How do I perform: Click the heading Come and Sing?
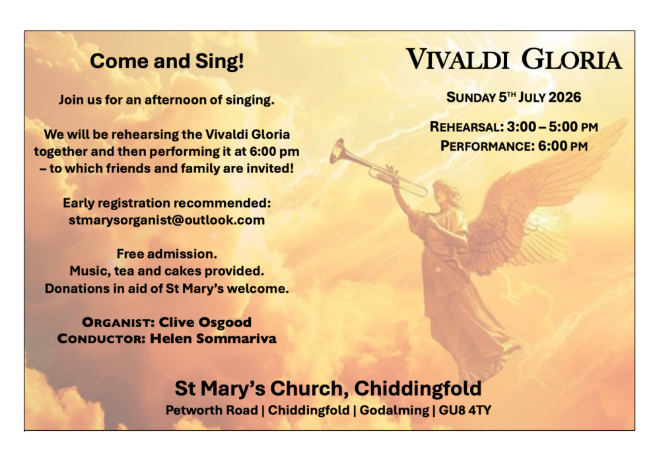pyautogui.click(x=167, y=61)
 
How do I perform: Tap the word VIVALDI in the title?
pyautogui.click(x=457, y=59)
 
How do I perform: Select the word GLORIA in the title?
pyautogui.click(x=572, y=59)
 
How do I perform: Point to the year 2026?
pyautogui.click(x=565, y=97)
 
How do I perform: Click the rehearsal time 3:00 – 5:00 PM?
pyautogui.click(x=552, y=127)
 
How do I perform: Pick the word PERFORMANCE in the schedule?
pyautogui.click(x=487, y=146)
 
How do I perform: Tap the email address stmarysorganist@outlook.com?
pyautogui.click(x=167, y=220)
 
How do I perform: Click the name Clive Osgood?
pyautogui.click(x=205, y=322)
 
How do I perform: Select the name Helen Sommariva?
pyautogui.click(x=213, y=338)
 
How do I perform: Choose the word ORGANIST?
pyautogui.click(x=119, y=322)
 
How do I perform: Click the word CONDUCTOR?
pyautogui.click(x=102, y=339)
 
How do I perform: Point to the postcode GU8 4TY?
pyautogui.click(x=465, y=410)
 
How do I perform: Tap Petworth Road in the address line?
pyautogui.click(x=211, y=410)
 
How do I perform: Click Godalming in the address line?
pyautogui.click(x=394, y=410)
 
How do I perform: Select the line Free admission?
pyautogui.click(x=167, y=254)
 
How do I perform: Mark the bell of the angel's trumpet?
pyautogui.click(x=337, y=151)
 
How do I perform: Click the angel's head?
pyautogui.click(x=445, y=190)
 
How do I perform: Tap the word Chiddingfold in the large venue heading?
pyautogui.click(x=418, y=389)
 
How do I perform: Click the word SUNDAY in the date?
pyautogui.click(x=471, y=97)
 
